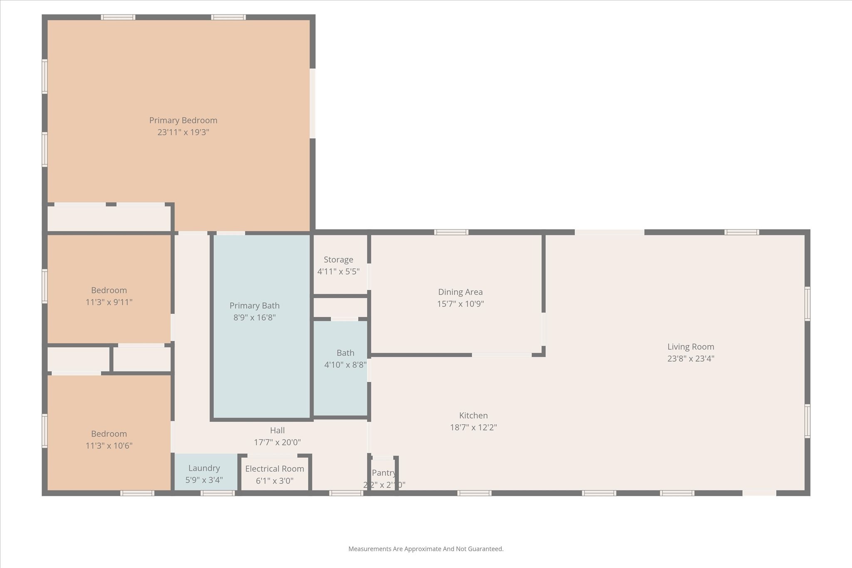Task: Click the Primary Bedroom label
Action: pyautogui.click(x=183, y=121)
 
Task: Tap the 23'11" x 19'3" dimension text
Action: pyautogui.click(x=183, y=132)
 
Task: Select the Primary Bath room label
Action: pyautogui.click(x=255, y=306)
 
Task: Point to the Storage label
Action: pyautogui.click(x=339, y=260)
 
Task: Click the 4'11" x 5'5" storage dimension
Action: pyautogui.click(x=339, y=272)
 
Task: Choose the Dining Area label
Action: pyautogui.click(x=461, y=292)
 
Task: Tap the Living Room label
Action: pyautogui.click(x=691, y=347)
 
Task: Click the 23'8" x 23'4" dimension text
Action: pyautogui.click(x=691, y=358)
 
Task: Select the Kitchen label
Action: pyautogui.click(x=473, y=415)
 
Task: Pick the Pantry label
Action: pyautogui.click(x=384, y=473)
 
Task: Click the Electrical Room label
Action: pyautogui.click(x=275, y=469)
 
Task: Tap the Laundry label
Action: pyautogui.click(x=204, y=469)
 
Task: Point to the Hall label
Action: pyautogui.click(x=277, y=430)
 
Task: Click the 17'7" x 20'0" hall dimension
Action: pyautogui.click(x=277, y=442)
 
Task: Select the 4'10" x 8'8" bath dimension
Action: pyautogui.click(x=345, y=365)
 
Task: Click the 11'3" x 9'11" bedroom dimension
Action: pyautogui.click(x=109, y=302)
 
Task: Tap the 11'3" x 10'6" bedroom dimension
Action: pyautogui.click(x=109, y=446)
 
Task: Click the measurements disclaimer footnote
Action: pyautogui.click(x=426, y=549)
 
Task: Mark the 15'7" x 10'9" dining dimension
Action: pyautogui.click(x=461, y=304)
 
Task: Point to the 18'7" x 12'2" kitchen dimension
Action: pyautogui.click(x=473, y=427)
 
